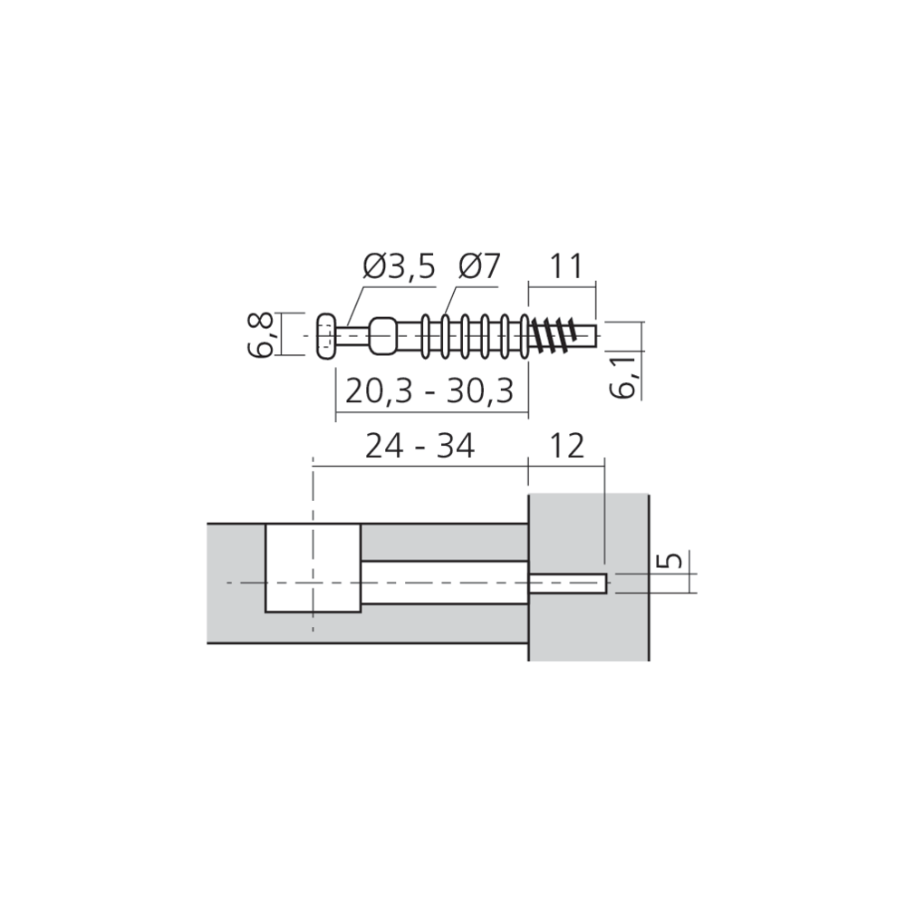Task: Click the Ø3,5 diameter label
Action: [x=399, y=266]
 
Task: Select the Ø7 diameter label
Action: [x=479, y=266]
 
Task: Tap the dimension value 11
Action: [x=566, y=266]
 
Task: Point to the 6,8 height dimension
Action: [x=264, y=335]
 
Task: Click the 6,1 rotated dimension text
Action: [x=624, y=377]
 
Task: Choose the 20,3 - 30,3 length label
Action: [x=429, y=391]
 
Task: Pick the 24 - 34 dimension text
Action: [x=420, y=446]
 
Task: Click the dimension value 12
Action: [x=566, y=446]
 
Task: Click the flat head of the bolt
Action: [x=326, y=336]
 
